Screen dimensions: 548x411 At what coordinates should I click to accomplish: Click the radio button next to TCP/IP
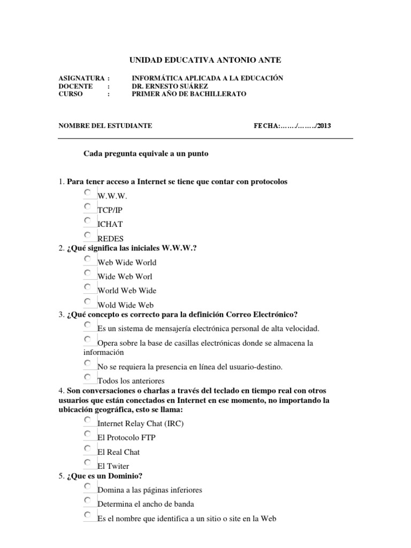[88, 206]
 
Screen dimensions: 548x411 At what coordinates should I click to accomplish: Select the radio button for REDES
[88, 234]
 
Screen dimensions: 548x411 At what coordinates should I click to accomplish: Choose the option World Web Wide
[88, 287]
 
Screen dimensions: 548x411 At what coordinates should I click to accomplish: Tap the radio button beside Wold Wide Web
[88, 301]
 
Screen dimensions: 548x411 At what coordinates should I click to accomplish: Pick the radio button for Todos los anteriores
[88, 377]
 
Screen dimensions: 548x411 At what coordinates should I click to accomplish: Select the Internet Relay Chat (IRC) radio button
[88, 420]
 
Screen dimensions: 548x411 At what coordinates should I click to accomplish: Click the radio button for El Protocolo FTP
[88, 434]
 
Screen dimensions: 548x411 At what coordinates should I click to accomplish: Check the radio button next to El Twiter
[88, 462]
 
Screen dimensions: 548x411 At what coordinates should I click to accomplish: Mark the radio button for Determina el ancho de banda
[88, 500]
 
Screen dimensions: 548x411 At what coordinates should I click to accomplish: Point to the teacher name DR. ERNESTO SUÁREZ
[170, 86]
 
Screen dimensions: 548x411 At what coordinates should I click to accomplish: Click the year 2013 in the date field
[324, 126]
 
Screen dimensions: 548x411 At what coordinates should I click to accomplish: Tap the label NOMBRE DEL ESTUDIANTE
[105, 126]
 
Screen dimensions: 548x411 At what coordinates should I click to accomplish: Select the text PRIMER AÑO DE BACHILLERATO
[189, 94]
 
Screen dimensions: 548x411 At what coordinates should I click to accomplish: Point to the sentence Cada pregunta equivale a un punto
[146, 154]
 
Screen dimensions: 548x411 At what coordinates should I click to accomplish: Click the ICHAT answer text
[110, 224]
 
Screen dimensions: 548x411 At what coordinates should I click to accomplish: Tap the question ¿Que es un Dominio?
[104, 476]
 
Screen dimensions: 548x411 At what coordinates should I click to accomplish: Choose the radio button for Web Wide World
[88, 258]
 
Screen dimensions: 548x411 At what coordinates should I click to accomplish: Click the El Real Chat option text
[118, 452]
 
